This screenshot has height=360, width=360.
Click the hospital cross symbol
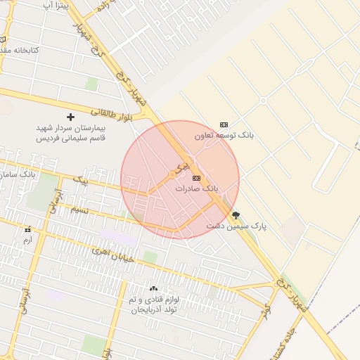pyautogui.click(x=70, y=116)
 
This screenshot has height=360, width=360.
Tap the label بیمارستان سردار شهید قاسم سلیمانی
pyautogui.click(x=70, y=134)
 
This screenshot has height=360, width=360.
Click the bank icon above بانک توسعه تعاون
pyautogui.click(x=224, y=124)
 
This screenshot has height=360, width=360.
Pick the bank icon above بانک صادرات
pyautogui.click(x=195, y=178)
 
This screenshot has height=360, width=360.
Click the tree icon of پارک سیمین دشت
pyautogui.click(x=235, y=215)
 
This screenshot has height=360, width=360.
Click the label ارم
pyautogui.click(x=27, y=240)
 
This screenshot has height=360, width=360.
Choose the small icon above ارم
pyautogui.click(x=27, y=230)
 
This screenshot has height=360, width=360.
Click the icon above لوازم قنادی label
pyautogui.click(x=154, y=288)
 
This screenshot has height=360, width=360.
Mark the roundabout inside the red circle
pyautogui.click(x=172, y=174)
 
